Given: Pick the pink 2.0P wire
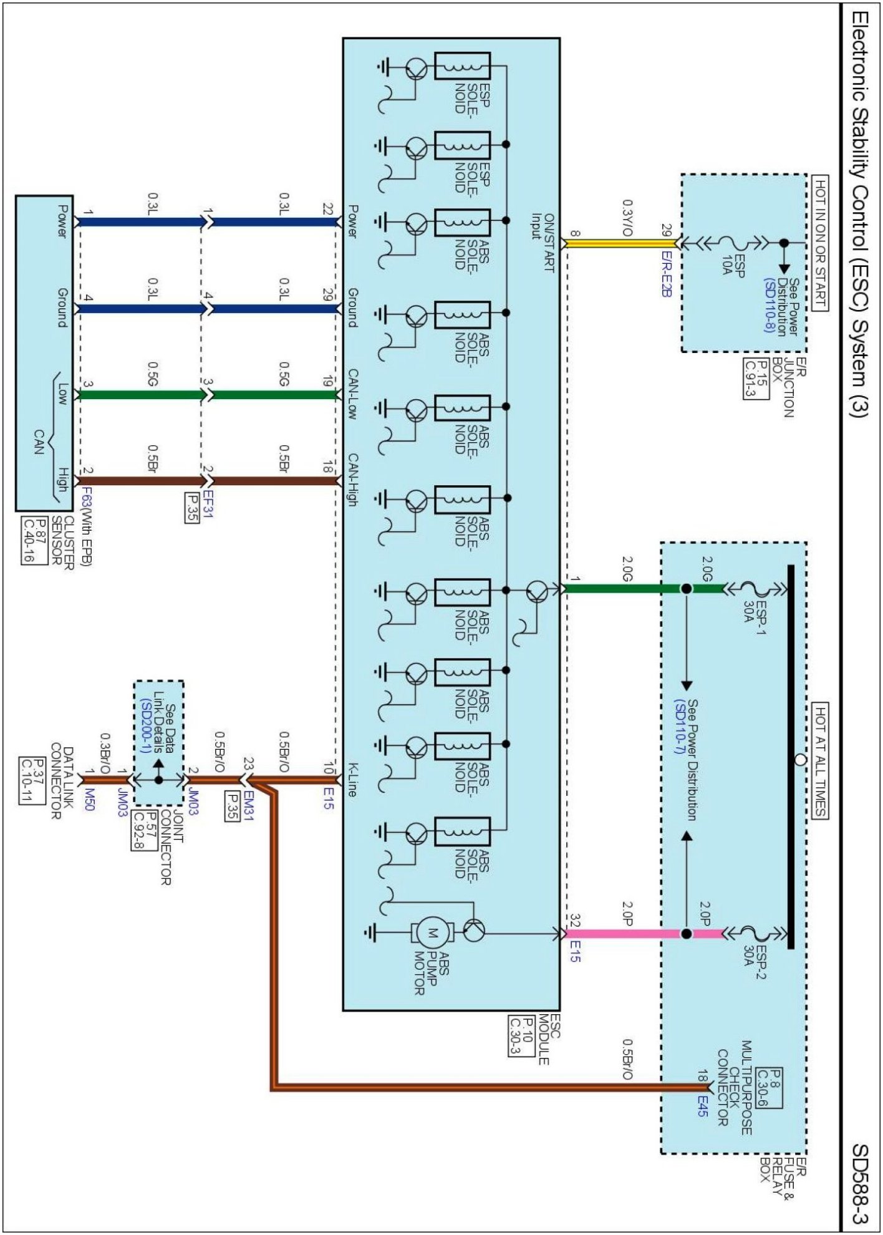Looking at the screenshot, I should tap(624, 934).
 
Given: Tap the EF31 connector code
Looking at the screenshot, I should tap(207, 505).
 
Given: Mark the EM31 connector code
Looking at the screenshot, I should tap(248, 805).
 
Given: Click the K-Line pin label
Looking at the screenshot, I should tap(352, 779).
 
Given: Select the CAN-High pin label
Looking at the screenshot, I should tap(352, 480).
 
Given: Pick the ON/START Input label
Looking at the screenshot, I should tap(542, 243).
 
